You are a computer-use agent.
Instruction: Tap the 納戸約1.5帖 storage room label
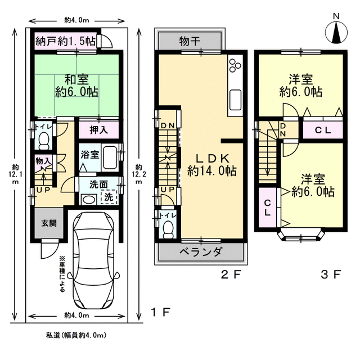(x=66, y=42)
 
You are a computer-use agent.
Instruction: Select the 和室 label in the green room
(x=76, y=79)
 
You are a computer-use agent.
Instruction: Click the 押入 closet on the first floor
(x=99, y=130)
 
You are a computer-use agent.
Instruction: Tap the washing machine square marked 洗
(x=109, y=197)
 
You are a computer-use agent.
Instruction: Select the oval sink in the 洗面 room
(x=89, y=199)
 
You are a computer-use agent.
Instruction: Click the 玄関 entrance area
(x=49, y=223)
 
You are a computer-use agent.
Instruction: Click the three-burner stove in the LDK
(x=235, y=65)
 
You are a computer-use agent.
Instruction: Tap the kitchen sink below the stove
(x=235, y=100)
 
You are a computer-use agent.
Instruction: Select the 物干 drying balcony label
(x=190, y=41)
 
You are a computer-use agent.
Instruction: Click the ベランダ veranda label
(x=200, y=252)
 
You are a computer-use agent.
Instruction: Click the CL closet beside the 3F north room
(x=323, y=130)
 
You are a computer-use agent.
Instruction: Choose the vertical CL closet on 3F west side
(x=268, y=208)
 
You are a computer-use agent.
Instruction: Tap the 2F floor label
(x=231, y=274)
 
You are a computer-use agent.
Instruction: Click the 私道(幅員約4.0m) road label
(x=76, y=335)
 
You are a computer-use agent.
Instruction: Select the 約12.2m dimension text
(x=139, y=174)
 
